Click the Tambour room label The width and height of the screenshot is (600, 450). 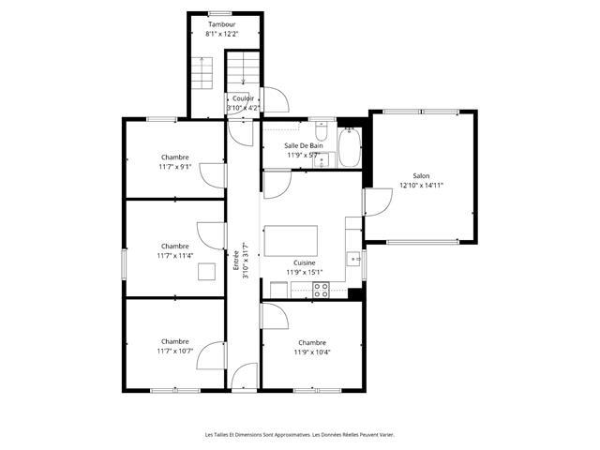(x=221, y=24)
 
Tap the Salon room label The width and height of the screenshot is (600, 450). (x=421, y=176)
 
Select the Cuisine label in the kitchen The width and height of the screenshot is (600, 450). (x=305, y=262)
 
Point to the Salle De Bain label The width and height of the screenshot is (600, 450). (x=304, y=146)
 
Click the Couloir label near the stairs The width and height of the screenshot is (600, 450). (x=243, y=98)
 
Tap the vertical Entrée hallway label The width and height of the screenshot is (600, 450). (x=236, y=261)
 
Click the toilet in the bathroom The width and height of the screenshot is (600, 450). (x=321, y=130)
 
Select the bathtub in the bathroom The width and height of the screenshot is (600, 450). (x=350, y=147)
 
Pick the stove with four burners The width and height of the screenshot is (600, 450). (x=321, y=290)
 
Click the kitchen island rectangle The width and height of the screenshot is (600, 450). (x=291, y=241)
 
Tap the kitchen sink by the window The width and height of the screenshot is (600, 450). (x=353, y=259)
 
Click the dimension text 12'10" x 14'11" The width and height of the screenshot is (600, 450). (x=421, y=186)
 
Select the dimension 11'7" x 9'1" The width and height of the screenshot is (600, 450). (x=175, y=167)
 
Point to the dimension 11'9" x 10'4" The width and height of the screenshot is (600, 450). (x=312, y=352)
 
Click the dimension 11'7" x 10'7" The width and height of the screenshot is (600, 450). (x=175, y=351)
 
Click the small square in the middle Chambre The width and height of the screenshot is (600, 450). (x=206, y=272)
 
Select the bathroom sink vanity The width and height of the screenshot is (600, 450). (x=323, y=160)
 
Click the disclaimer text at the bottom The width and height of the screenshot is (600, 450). (x=300, y=435)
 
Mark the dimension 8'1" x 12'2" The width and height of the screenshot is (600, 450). (x=222, y=34)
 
